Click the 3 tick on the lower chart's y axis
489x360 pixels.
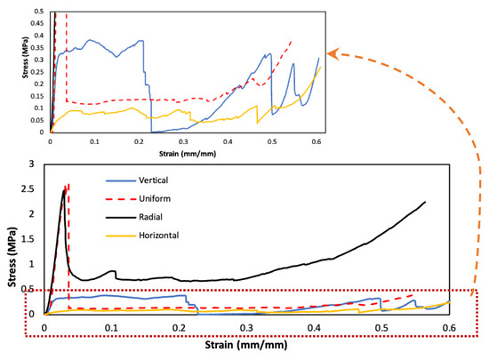tap(33, 165)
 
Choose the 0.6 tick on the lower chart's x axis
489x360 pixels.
tap(450, 328)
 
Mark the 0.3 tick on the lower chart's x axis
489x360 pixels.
tap(247, 328)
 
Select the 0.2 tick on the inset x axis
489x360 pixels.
tap(139, 142)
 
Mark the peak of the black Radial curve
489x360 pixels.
tap(64, 188)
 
